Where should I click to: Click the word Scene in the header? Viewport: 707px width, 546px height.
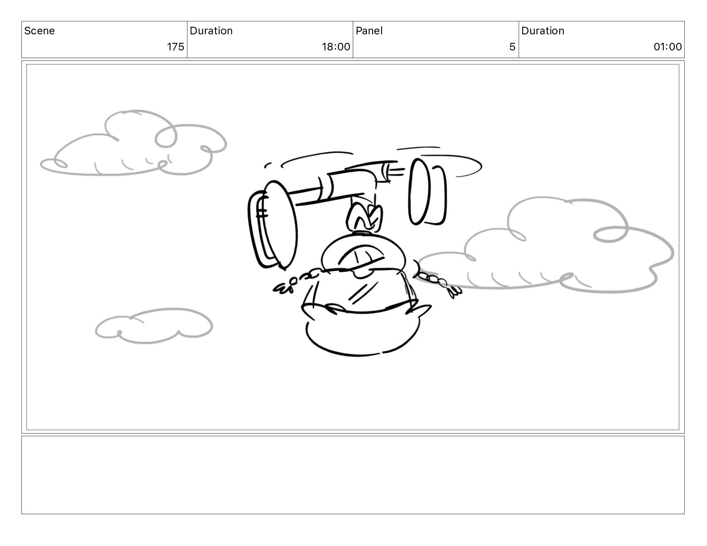(39, 31)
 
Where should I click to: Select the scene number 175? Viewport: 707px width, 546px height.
(176, 47)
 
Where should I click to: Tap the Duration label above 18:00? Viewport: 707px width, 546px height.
(211, 31)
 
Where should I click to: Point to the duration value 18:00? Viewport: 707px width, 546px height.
(336, 47)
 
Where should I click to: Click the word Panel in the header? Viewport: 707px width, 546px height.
(369, 31)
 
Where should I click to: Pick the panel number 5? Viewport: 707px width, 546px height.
(512, 47)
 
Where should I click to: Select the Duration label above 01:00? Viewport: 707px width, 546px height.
(543, 31)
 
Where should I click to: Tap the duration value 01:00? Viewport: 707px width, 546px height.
(668, 47)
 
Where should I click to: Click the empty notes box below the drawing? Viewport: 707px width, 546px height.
(353, 475)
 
